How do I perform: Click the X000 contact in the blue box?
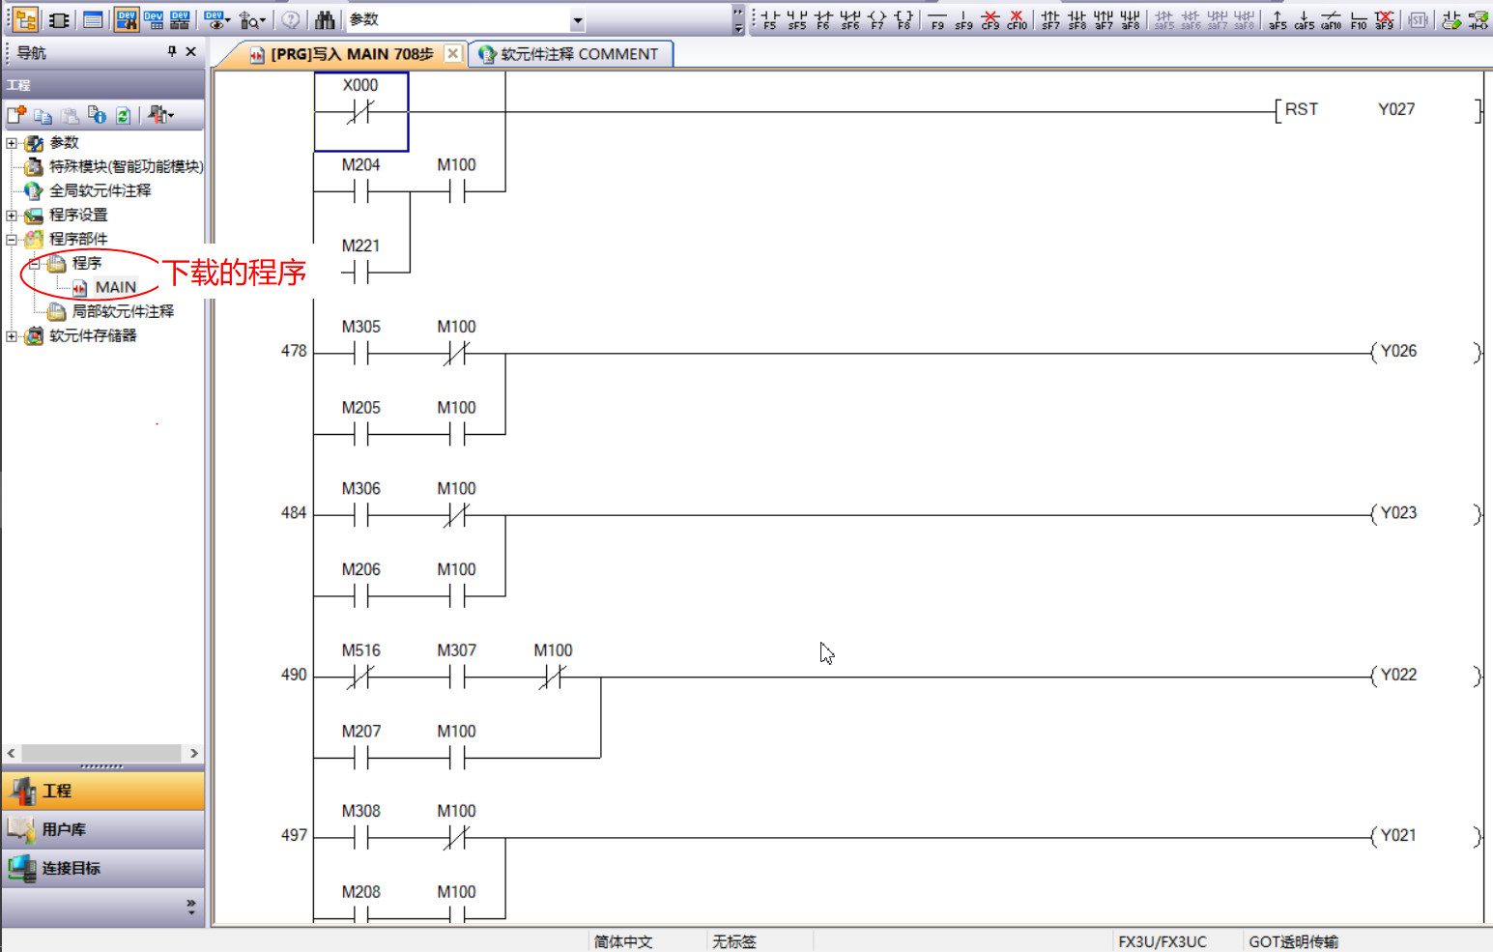[x=360, y=111]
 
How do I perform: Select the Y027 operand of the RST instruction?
[x=1395, y=109]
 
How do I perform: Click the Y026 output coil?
[x=1397, y=352]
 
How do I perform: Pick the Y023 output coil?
[x=1397, y=513]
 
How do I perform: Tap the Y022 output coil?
[x=1397, y=676]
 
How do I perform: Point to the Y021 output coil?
[x=1397, y=836]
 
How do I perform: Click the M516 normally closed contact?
[x=360, y=678]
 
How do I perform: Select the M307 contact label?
[x=456, y=650]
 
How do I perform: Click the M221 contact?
[x=360, y=274]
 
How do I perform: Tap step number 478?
[x=294, y=351]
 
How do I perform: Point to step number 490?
[x=294, y=675]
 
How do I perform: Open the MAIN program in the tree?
[x=115, y=287]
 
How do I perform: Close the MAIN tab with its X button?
[x=452, y=54]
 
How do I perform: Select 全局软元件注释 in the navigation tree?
[x=100, y=190]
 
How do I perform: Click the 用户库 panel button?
[x=64, y=829]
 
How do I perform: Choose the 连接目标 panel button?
[x=71, y=868]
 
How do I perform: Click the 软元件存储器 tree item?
[x=93, y=335]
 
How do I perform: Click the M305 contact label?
[x=360, y=327]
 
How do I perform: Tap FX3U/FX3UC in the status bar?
[x=1162, y=941]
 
